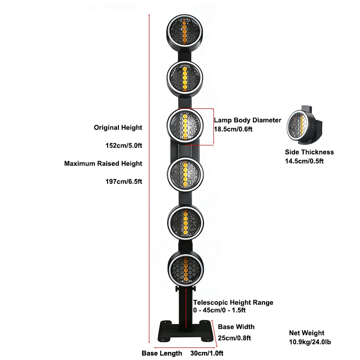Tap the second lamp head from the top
pos(184,78)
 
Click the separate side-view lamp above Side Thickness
pos(304,125)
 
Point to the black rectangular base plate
pos(186,331)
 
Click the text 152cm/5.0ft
pos(124,145)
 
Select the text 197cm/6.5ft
pos(124,182)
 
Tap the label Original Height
pos(118,128)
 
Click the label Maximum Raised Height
pos(103,163)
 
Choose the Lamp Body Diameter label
pos(247,120)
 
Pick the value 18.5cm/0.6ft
pos(233,129)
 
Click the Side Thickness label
pos(309,152)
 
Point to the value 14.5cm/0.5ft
pos(304,161)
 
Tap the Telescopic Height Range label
pos(233,302)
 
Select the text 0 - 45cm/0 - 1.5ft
pos(219,310)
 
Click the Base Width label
pos(236,327)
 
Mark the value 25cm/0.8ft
pos(234,338)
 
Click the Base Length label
pos(162,353)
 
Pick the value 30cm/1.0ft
pos(207,353)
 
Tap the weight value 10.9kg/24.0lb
pos(310,342)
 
